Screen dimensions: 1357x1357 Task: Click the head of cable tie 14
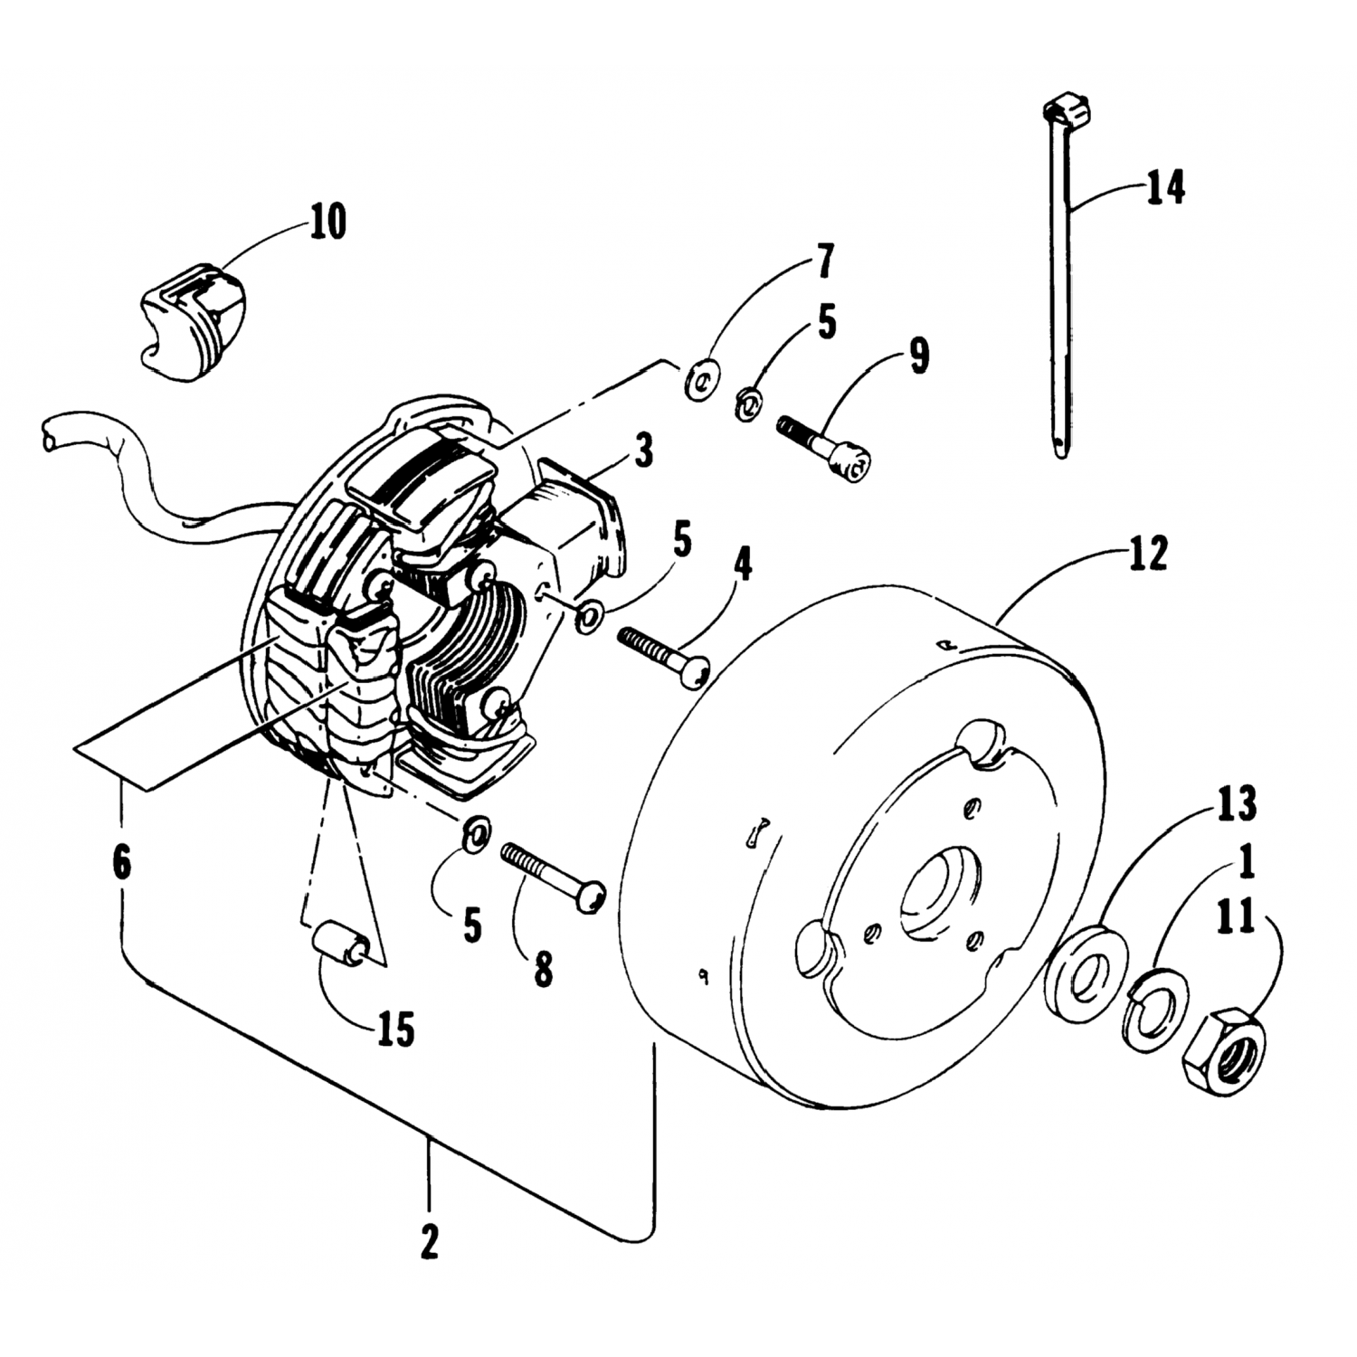point(1068,114)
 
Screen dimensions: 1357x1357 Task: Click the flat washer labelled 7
point(701,376)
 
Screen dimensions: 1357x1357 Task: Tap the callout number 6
point(121,861)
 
